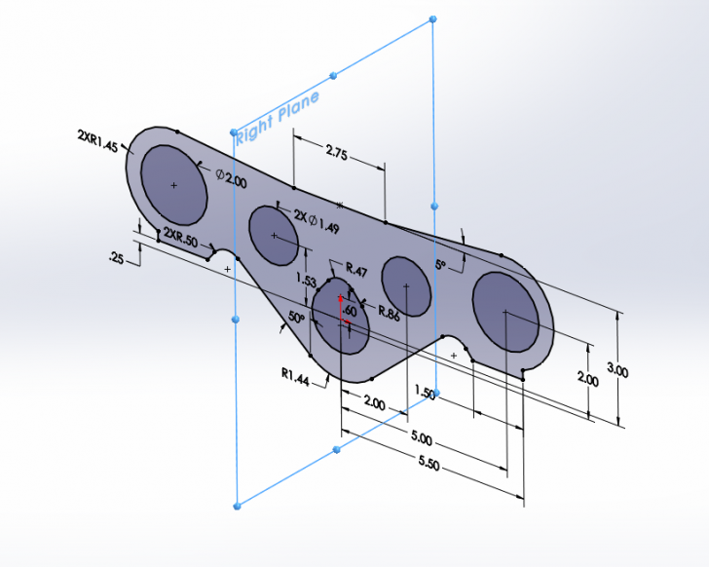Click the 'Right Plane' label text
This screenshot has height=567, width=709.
277,117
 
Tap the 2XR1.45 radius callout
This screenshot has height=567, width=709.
97,141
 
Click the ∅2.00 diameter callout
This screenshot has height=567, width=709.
231,178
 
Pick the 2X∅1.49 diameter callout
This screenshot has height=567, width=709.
317,221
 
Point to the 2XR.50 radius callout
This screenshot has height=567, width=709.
180,238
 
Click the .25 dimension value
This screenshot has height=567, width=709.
116,259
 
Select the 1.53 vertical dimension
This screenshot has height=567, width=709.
306,280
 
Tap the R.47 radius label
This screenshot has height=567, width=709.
356,270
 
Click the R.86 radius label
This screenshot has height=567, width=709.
389,314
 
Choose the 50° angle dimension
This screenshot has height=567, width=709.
297,317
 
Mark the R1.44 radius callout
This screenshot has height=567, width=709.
295,377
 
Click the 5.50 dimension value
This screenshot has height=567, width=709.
429,463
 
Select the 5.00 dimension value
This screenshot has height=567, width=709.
422,437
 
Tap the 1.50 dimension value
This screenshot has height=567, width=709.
425,392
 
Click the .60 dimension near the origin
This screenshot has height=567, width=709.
350,311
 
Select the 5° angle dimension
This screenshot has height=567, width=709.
440,265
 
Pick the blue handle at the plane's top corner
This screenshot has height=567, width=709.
432,19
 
